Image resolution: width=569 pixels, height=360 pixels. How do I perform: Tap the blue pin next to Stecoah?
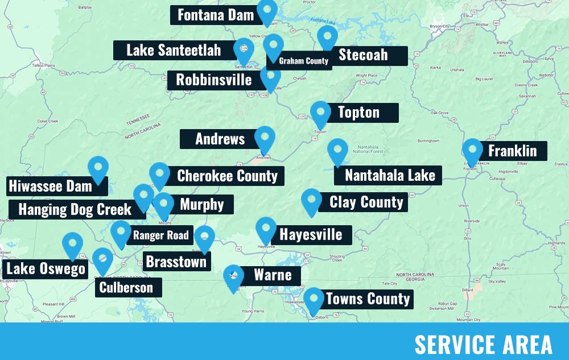tap(327, 37)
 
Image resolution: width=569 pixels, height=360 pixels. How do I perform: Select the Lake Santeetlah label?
tap(174, 50)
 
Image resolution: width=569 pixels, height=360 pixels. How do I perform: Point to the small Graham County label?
tap(303, 61)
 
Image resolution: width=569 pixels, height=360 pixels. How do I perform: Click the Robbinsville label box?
tap(213, 80)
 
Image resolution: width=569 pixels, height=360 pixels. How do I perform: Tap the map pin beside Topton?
tap(320, 113)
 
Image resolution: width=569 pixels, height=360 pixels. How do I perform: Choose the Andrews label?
tap(220, 139)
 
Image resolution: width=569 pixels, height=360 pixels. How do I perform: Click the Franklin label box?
tap(512, 151)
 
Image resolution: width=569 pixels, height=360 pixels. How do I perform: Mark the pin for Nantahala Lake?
tap(337, 151)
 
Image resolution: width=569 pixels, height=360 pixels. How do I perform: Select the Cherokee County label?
tap(227, 176)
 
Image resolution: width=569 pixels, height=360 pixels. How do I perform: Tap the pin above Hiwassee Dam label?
tap(98, 168)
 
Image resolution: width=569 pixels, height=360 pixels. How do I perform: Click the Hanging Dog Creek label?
tap(75, 209)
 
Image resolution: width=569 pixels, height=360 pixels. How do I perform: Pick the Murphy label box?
tap(202, 205)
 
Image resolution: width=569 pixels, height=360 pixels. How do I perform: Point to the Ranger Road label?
tap(160, 235)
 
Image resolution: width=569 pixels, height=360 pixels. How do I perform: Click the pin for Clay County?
tap(311, 201)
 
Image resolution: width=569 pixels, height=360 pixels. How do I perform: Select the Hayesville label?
tap(311, 234)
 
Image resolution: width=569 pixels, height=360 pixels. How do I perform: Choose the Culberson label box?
tap(126, 287)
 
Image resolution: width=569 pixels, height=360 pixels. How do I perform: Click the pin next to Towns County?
tap(314, 300)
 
